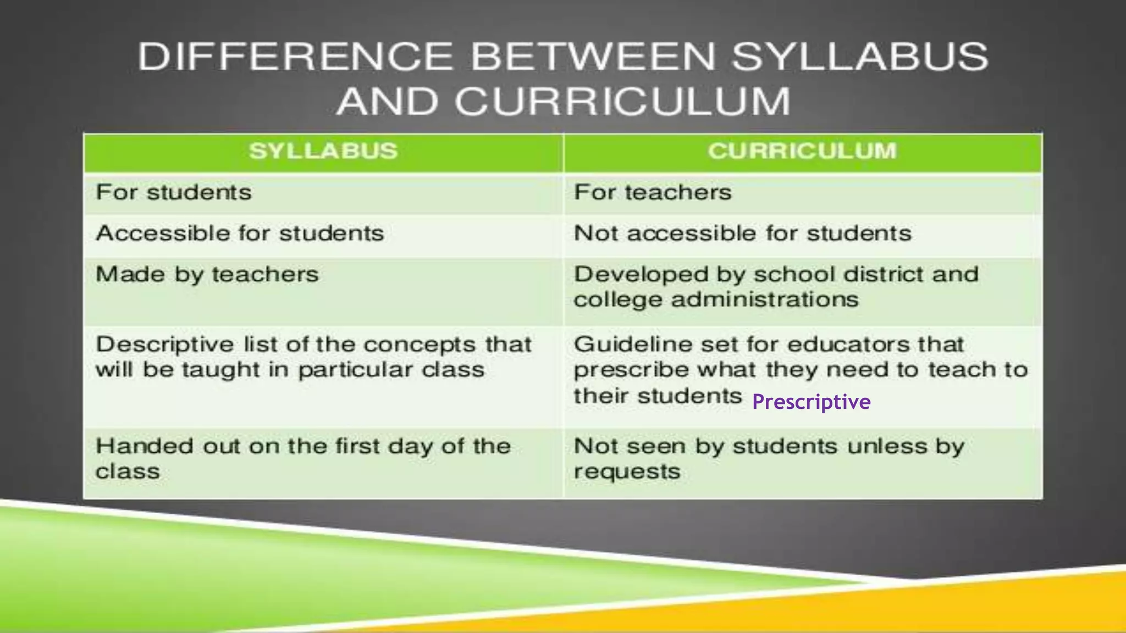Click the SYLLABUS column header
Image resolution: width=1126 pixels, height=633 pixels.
coord(323,151)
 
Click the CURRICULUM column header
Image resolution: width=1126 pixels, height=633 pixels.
coord(802,151)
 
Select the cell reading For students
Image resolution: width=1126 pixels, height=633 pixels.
coord(174,192)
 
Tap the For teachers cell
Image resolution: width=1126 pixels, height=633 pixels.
coord(653,192)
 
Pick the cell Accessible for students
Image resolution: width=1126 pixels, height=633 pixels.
coord(240,234)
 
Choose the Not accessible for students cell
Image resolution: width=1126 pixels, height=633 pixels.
coord(742,234)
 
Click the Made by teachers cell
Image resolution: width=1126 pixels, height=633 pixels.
coord(207,274)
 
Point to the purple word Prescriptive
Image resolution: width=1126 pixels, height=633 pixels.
coord(811,402)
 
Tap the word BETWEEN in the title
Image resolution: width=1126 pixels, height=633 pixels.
coord(594,57)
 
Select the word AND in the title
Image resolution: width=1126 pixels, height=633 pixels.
coord(387,102)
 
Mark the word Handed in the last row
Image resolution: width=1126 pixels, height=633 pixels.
coord(144,446)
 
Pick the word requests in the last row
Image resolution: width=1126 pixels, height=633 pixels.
coord(627,471)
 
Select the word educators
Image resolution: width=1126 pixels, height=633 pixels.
coord(848,345)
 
